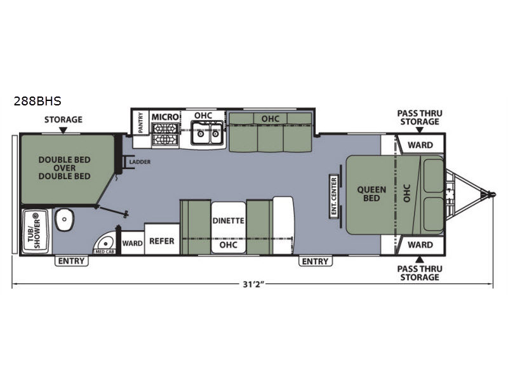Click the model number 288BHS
pyautogui.click(x=37, y=101)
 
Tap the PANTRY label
pyautogui.click(x=140, y=123)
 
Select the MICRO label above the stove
pyautogui.click(x=165, y=117)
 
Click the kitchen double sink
pyautogui.click(x=207, y=133)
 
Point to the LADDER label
pyautogui.click(x=140, y=162)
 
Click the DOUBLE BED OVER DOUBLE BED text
pyautogui.click(x=65, y=168)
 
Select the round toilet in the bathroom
pyautogui.click(x=65, y=220)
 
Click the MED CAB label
pyautogui.click(x=105, y=251)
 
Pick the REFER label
pyautogui.click(x=162, y=241)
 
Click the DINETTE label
pyautogui.click(x=228, y=220)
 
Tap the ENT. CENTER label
pyautogui.click(x=334, y=196)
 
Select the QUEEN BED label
pyautogui.click(x=371, y=194)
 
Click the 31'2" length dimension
pyautogui.click(x=254, y=284)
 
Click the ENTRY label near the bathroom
pyautogui.click(x=71, y=261)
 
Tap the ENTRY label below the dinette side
pyautogui.click(x=315, y=261)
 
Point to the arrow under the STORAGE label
pyautogui.click(x=63, y=130)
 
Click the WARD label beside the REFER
pyautogui.click(x=132, y=243)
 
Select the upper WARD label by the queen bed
pyautogui.click(x=420, y=145)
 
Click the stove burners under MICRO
pyautogui.click(x=165, y=134)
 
